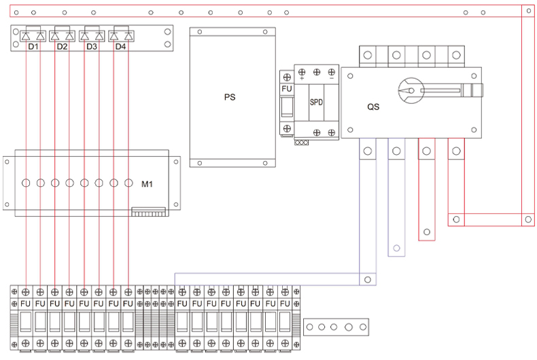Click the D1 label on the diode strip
33,47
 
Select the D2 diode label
62,47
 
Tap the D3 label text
91,47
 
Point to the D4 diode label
120,47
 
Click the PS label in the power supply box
229,97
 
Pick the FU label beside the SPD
287,88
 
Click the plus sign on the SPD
302,79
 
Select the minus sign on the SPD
331,79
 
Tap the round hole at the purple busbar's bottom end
367,279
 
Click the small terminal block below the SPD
302,143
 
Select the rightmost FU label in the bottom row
285,303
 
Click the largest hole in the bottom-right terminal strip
349,327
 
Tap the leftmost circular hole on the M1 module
26,183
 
